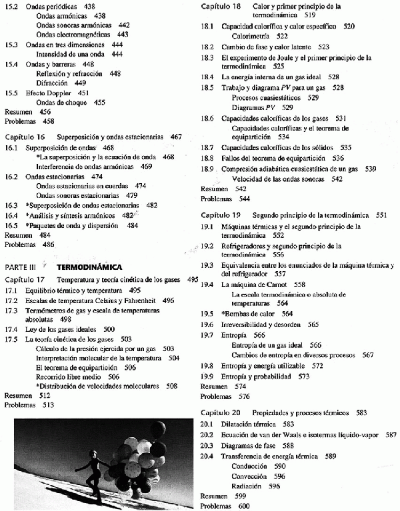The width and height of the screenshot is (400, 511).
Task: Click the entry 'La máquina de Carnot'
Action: pos(255,284)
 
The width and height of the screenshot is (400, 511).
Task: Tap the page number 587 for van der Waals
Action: pos(391,434)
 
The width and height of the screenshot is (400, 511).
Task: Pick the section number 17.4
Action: pos(11,329)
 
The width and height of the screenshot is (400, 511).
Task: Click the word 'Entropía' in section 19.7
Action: pos(236,334)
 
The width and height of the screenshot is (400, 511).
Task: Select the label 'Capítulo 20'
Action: pos(220,412)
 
